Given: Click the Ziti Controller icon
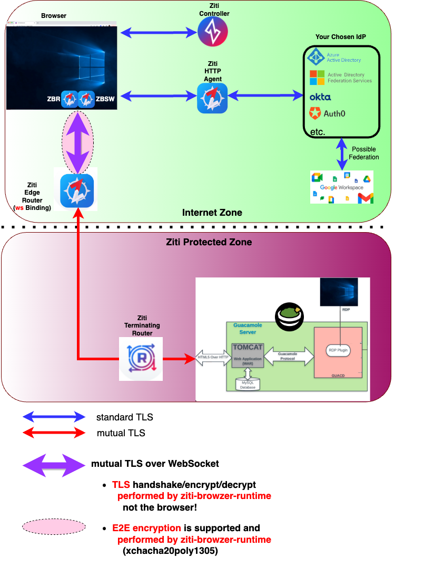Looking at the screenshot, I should pyautogui.click(x=213, y=32).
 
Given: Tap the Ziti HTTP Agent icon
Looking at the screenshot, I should pyautogui.click(x=212, y=98).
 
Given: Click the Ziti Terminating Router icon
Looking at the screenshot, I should pyautogui.click(x=141, y=359).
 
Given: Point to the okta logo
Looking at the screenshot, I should pyautogui.click(x=320, y=97).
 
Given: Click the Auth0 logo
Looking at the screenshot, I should pyautogui.click(x=327, y=113).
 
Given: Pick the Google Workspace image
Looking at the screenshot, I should pyautogui.click(x=342, y=187).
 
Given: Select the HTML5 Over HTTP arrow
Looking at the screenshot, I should pyautogui.click(x=213, y=358).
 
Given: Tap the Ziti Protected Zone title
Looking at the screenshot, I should pyautogui.click(x=209, y=243).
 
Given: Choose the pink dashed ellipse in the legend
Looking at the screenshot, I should pyautogui.click(x=54, y=526).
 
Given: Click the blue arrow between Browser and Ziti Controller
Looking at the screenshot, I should pyautogui.click(x=159, y=33).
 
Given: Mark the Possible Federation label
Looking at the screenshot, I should pyautogui.click(x=364, y=153).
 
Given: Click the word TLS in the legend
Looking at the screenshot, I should pyautogui.click(x=121, y=484).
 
